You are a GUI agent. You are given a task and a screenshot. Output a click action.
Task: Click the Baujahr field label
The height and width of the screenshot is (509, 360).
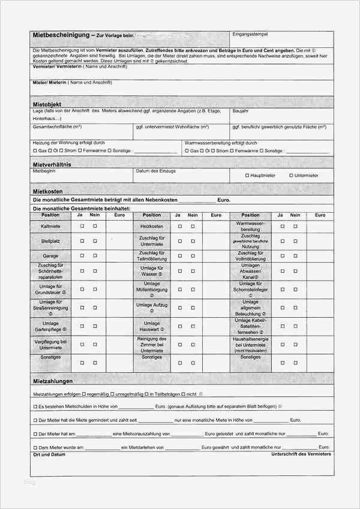point(241,112)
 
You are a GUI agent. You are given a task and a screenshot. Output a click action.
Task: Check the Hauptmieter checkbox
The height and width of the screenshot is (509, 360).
point(248,175)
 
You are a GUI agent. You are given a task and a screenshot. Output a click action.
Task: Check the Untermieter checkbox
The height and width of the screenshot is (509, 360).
point(291,175)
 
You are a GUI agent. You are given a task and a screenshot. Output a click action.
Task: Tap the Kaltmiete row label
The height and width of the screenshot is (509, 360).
point(50,227)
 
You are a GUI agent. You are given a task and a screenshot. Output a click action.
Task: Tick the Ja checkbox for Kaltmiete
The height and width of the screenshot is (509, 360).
point(81,227)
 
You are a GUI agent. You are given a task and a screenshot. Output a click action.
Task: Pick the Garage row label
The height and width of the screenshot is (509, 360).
point(50,256)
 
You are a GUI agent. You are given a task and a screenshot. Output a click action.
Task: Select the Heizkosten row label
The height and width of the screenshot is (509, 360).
point(151,227)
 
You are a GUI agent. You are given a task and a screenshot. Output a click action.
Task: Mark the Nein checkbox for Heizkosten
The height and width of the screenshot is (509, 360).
point(193,227)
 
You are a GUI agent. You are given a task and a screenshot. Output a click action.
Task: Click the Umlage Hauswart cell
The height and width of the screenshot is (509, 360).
point(152,326)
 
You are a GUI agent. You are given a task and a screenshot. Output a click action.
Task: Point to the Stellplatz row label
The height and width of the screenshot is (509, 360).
point(50,241)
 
